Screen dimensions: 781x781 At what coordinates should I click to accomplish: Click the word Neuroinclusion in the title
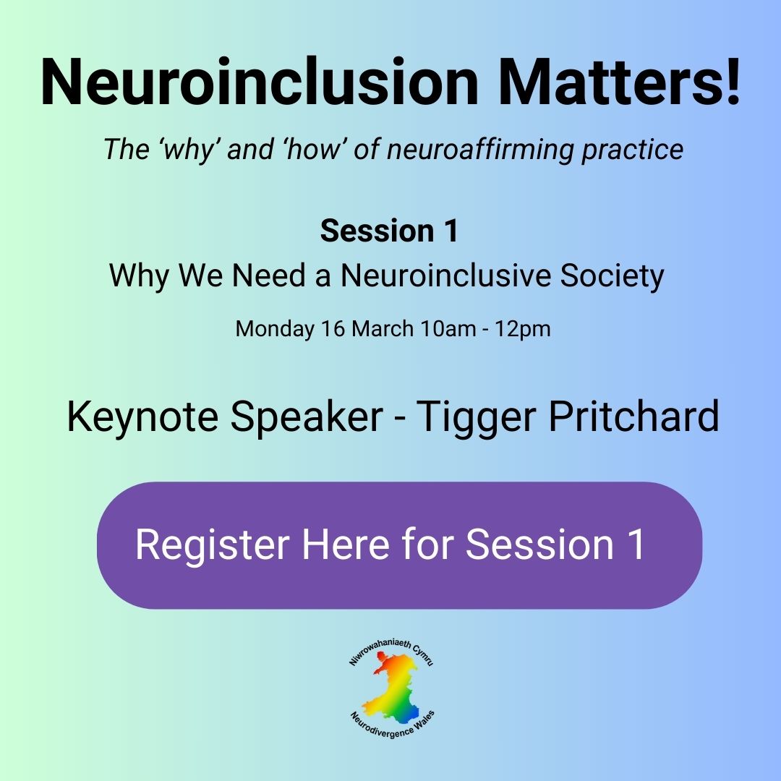[x=260, y=82]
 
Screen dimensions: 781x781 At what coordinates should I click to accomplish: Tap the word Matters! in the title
[x=619, y=82]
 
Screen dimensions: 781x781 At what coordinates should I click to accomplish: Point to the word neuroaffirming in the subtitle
[x=480, y=149]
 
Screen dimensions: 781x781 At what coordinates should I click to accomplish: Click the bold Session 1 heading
[x=389, y=231]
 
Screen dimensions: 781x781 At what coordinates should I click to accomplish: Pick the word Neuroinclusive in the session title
[x=445, y=275]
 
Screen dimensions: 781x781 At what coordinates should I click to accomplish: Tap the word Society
[x=613, y=276]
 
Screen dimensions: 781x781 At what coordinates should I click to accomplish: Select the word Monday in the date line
[x=275, y=329]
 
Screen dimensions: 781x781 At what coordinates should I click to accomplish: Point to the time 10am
[x=448, y=329]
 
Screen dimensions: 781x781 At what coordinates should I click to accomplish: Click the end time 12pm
[x=523, y=329]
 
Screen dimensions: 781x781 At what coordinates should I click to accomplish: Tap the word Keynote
[x=142, y=417]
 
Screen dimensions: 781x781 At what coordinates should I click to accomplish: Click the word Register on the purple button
[x=213, y=545]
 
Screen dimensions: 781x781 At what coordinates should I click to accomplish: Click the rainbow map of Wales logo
[x=393, y=688]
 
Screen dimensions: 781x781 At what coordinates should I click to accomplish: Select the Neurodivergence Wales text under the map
[x=393, y=725]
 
